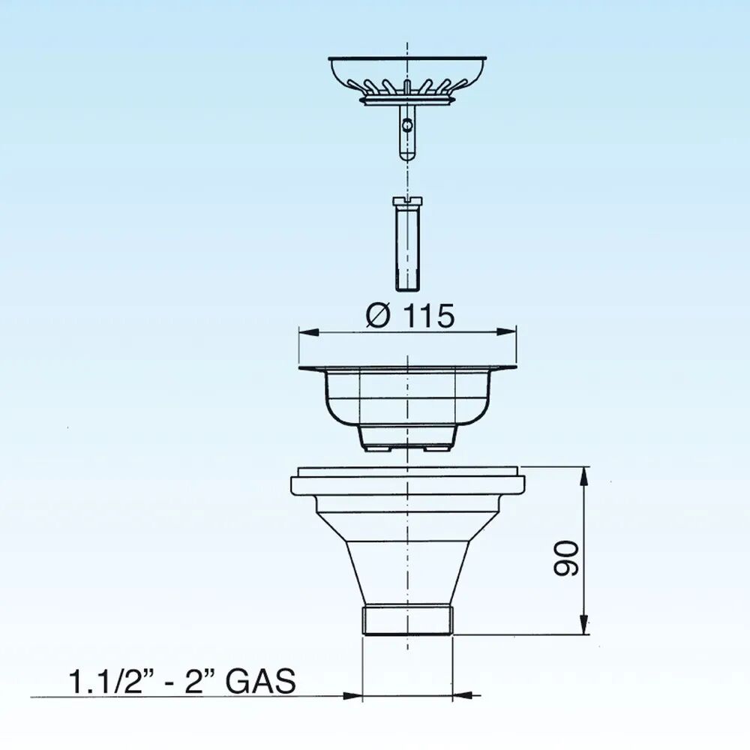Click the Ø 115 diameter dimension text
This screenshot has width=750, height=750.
[x=410, y=316]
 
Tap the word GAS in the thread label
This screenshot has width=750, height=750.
[x=261, y=681]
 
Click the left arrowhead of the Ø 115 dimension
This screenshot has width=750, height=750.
[x=309, y=332]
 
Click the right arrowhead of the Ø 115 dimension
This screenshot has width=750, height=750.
[x=506, y=332]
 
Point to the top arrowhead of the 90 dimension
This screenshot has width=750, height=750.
[x=584, y=476]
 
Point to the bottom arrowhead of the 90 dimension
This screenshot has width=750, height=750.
[x=584, y=624]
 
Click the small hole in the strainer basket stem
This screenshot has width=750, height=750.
[x=406, y=126]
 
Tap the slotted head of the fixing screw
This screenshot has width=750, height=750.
[x=407, y=201]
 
